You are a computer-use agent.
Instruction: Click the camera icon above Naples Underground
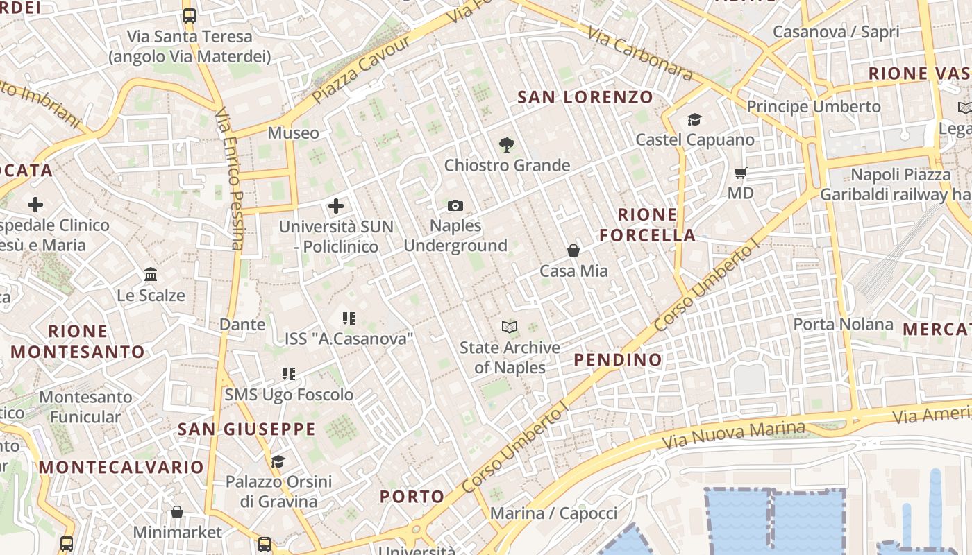(x=455, y=205)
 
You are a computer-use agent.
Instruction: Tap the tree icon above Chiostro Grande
(x=507, y=145)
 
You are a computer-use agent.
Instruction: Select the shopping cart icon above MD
(x=741, y=173)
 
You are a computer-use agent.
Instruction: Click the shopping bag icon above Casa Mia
(x=573, y=250)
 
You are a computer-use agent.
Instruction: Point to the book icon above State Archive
(x=510, y=327)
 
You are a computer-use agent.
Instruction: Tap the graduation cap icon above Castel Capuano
(x=694, y=120)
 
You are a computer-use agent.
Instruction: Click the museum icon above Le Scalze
(x=151, y=275)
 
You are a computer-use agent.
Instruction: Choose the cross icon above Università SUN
(x=336, y=206)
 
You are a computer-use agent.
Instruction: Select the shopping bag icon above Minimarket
(x=177, y=512)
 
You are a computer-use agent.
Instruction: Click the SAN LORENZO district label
(x=585, y=97)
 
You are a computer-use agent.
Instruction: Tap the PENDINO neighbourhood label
(x=618, y=359)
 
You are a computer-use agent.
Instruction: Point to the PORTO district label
(x=412, y=497)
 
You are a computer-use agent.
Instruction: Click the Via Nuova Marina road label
(x=733, y=434)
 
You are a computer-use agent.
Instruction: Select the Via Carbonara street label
(x=639, y=53)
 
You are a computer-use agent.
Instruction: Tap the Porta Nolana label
(x=843, y=324)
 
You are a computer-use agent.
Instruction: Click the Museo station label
(x=294, y=133)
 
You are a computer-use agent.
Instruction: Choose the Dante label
(x=242, y=324)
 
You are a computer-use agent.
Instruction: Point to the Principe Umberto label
(x=813, y=107)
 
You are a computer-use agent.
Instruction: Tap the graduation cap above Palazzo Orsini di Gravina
(x=278, y=461)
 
